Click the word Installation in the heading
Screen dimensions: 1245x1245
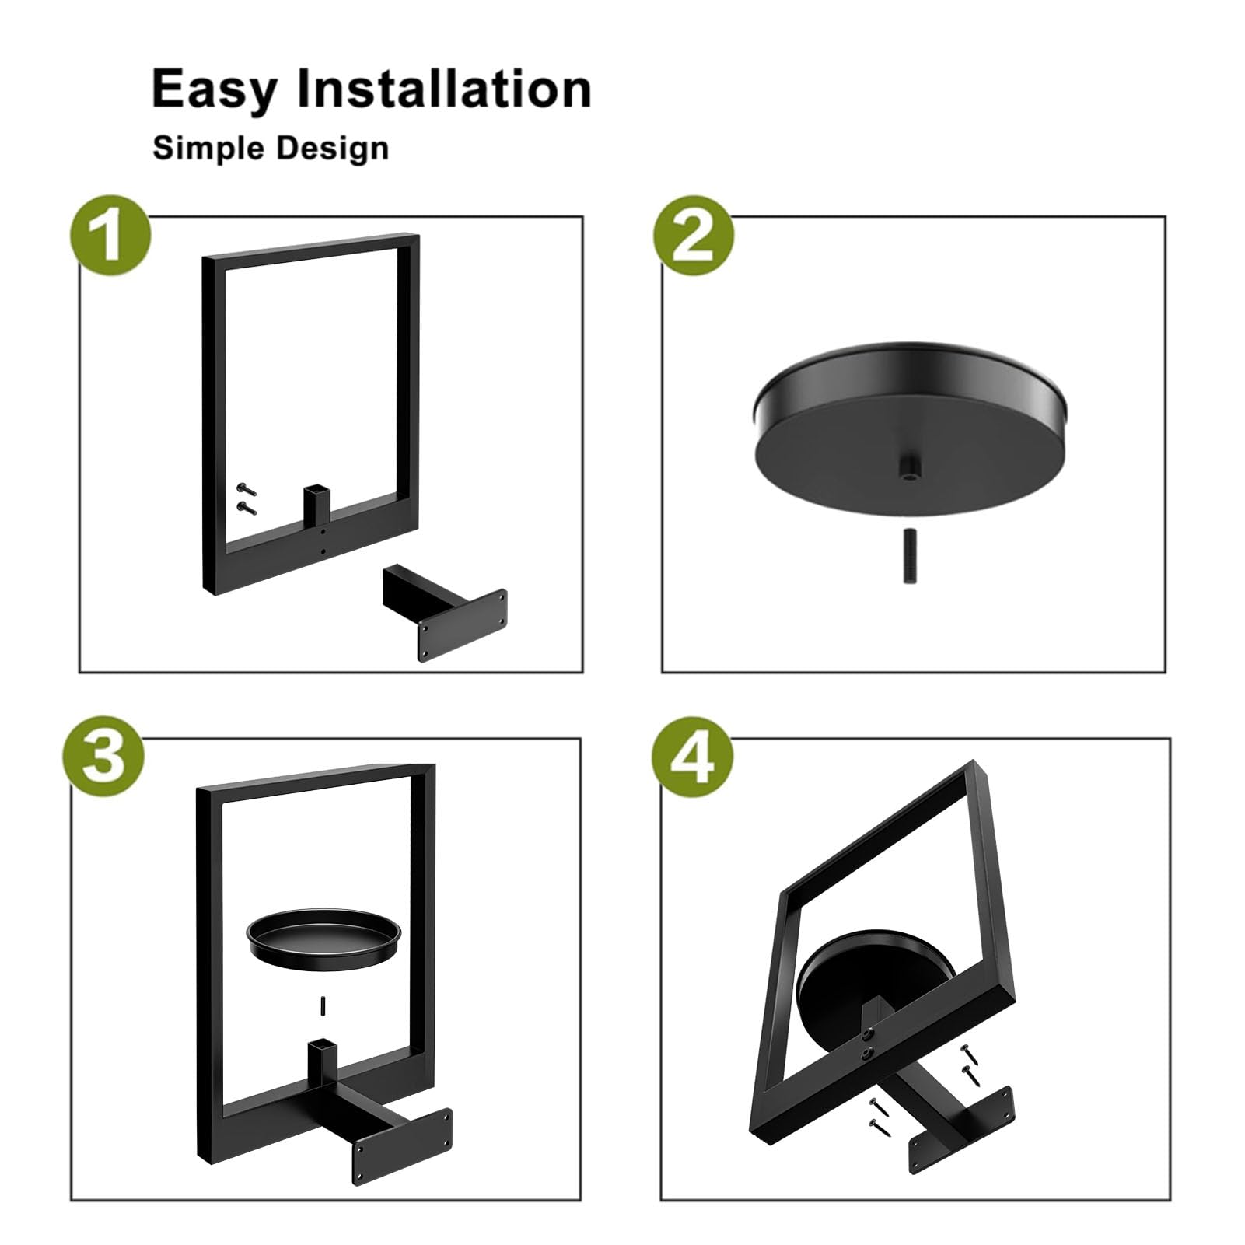tap(445, 88)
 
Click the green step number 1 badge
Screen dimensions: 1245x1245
tap(110, 236)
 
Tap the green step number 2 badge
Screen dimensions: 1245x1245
tap(693, 236)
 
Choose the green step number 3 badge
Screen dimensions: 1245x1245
tap(103, 757)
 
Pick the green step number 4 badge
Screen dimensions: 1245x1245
tap(693, 757)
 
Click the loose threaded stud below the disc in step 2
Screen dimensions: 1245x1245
tap(909, 556)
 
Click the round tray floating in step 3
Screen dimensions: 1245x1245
tap(324, 937)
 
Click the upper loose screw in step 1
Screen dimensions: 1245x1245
tap(247, 489)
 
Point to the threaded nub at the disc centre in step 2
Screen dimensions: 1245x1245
tap(908, 470)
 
